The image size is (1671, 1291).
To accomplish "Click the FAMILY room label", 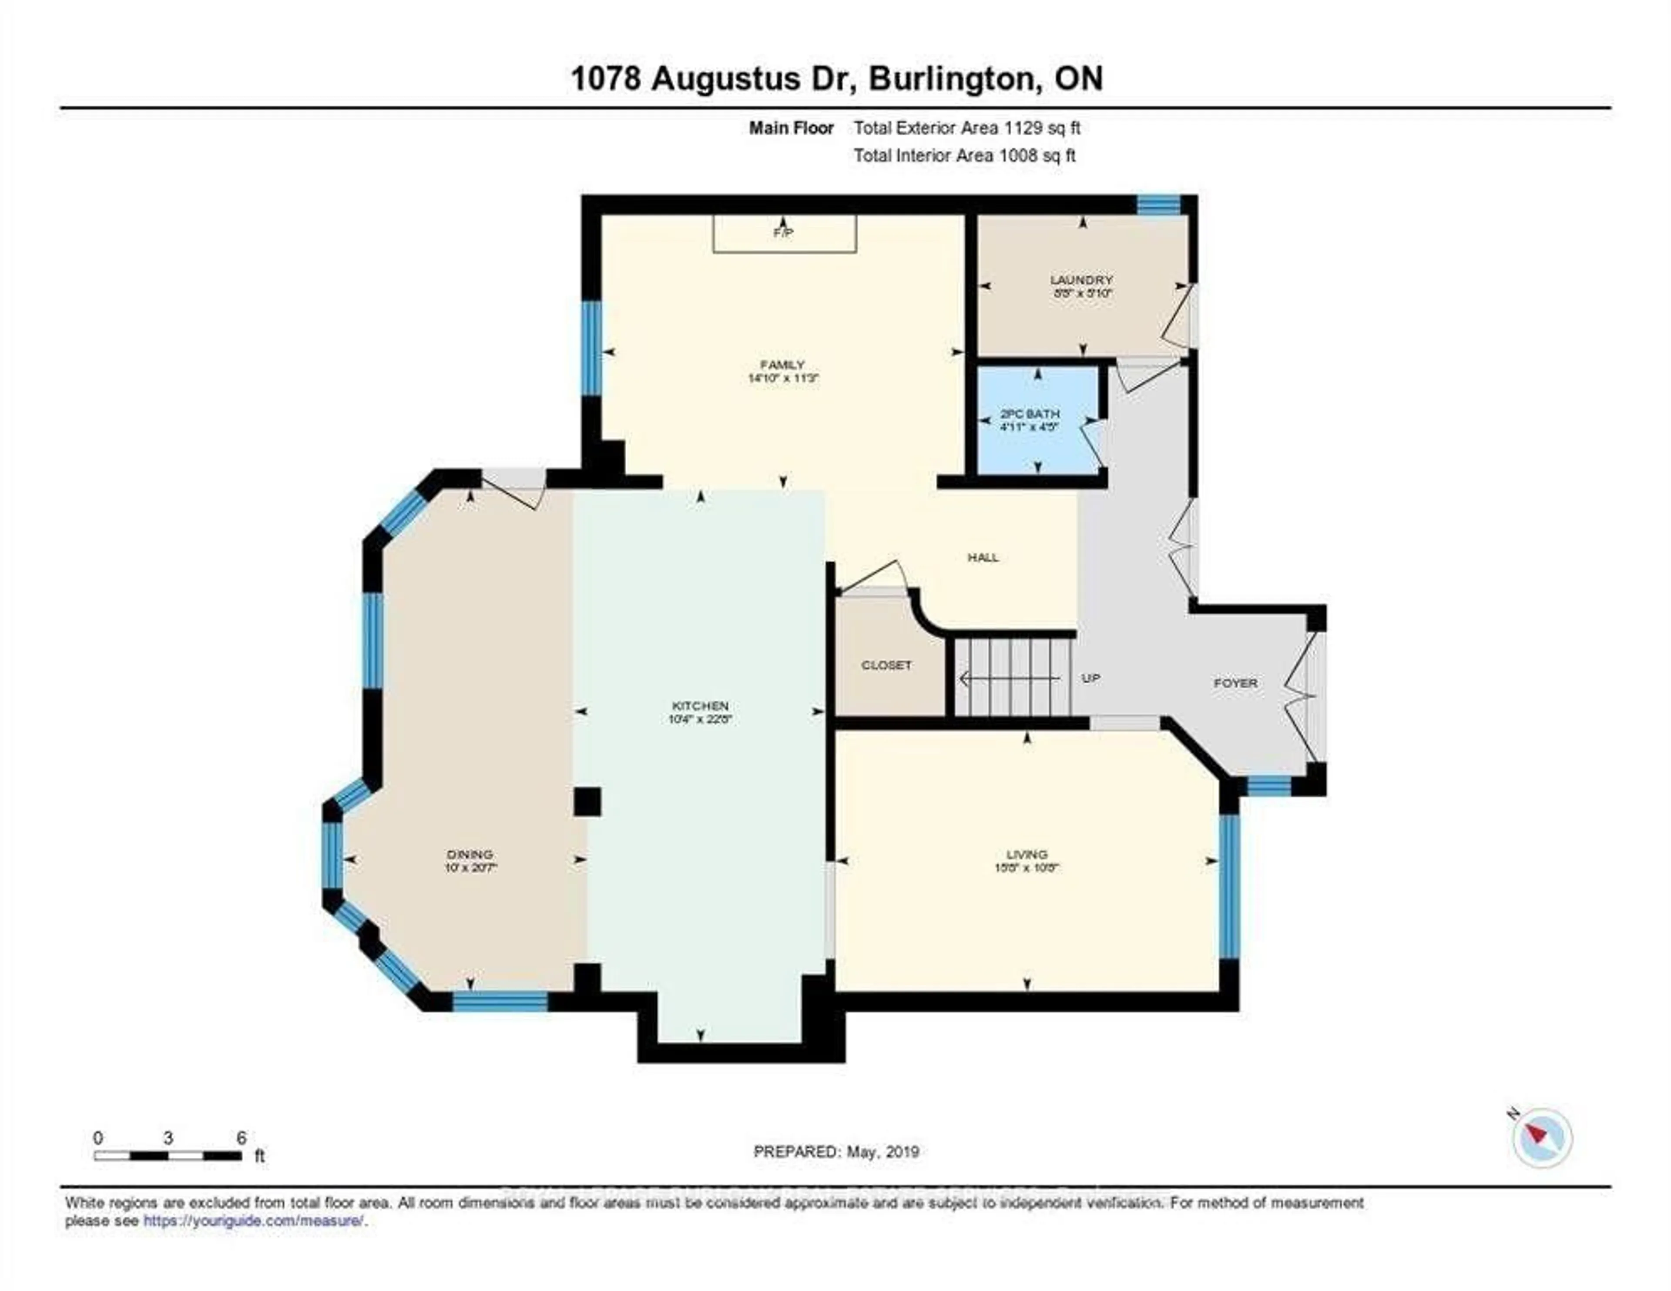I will click(x=782, y=365).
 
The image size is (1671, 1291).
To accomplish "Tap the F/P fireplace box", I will click(x=784, y=233).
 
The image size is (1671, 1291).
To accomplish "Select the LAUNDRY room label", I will click(x=1081, y=280).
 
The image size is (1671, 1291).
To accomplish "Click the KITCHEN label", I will click(x=700, y=706).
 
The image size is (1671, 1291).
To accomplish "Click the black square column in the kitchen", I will click(x=587, y=802).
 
